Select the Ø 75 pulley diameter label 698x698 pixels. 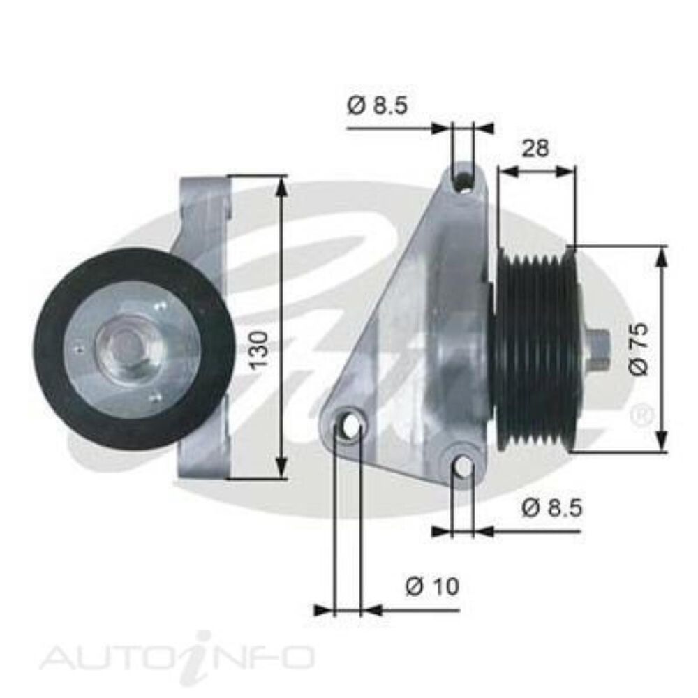(639, 349)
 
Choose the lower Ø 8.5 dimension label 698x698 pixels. (551, 508)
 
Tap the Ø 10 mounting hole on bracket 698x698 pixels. (349, 424)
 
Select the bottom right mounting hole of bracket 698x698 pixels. (463, 466)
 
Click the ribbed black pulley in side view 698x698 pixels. (536, 349)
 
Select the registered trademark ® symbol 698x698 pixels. (640, 417)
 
